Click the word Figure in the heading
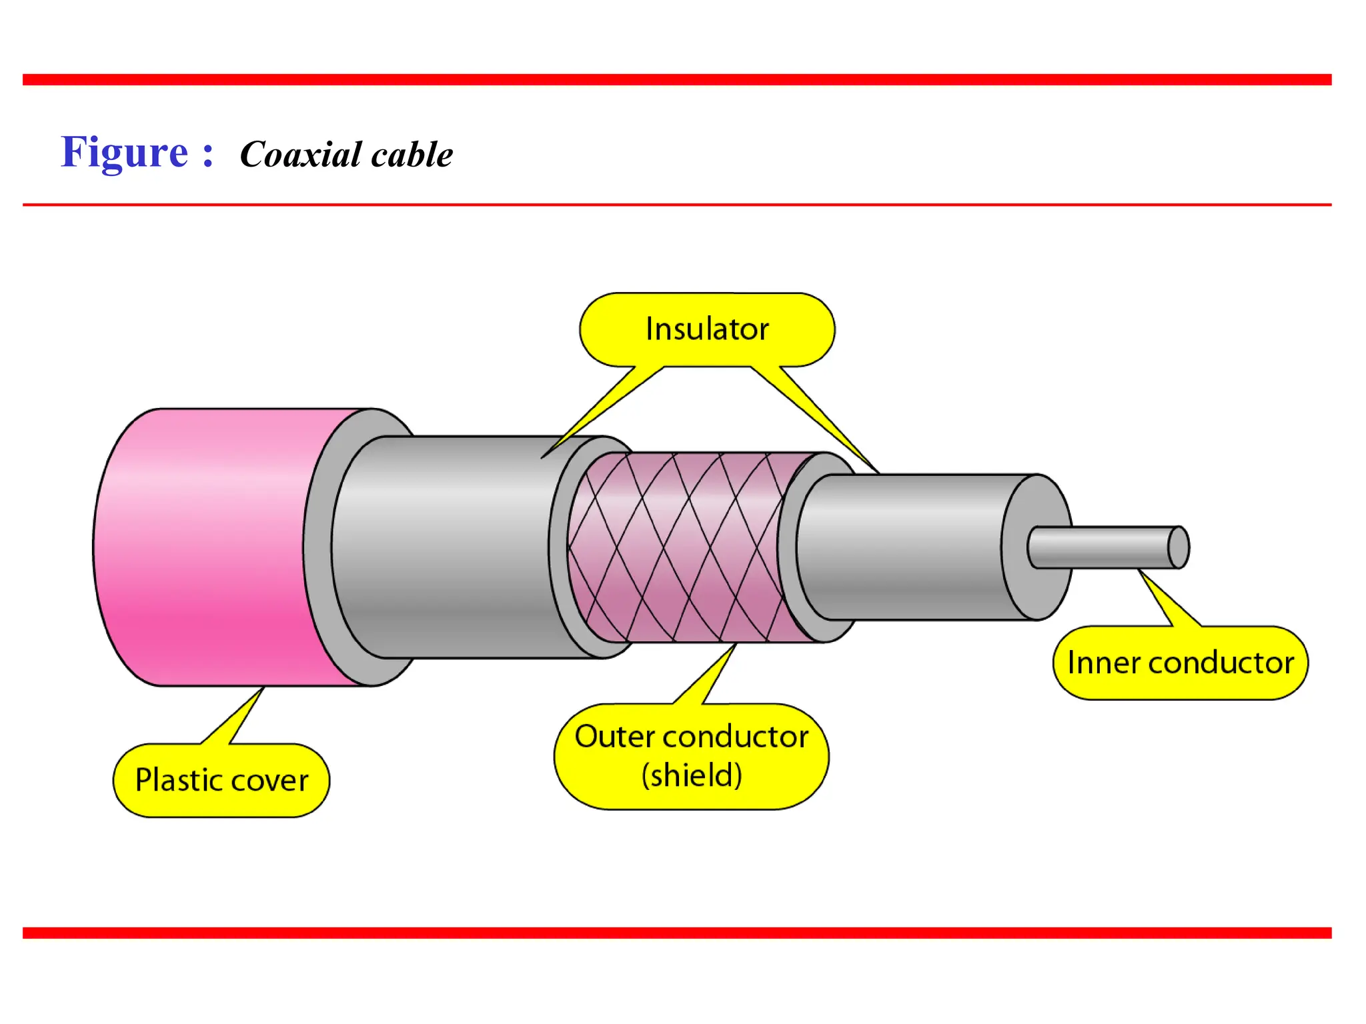[x=125, y=153]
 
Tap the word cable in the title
[x=412, y=155]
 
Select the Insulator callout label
[x=707, y=329]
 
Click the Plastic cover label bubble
[x=221, y=780]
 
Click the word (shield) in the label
[x=692, y=775]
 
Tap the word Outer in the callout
[x=614, y=737]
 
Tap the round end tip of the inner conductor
[x=1179, y=547]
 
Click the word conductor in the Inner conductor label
[x=1221, y=663]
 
